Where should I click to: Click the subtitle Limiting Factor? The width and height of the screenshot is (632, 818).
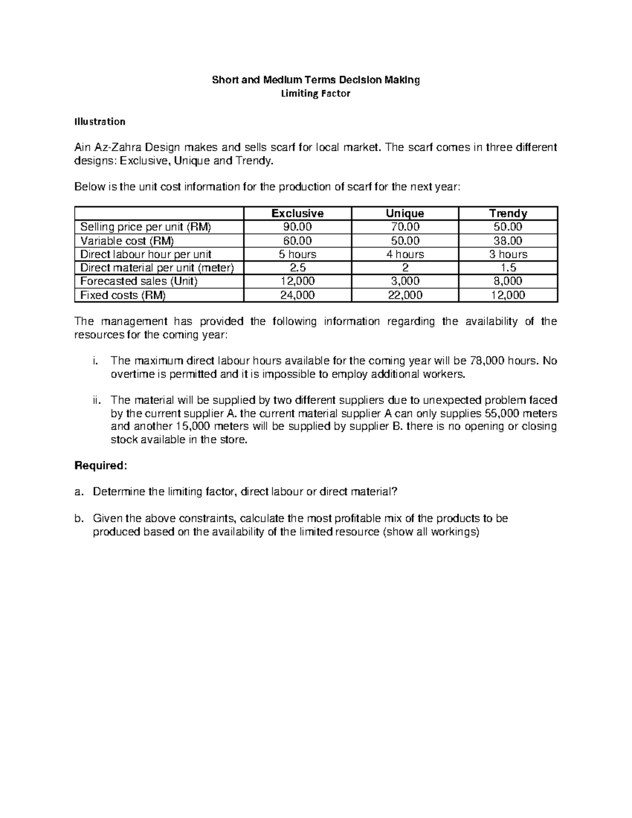pyautogui.click(x=315, y=94)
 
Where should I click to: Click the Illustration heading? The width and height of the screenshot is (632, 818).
pyautogui.click(x=100, y=122)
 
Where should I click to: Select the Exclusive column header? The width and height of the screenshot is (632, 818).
pyautogui.click(x=297, y=213)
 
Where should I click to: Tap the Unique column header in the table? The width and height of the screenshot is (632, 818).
pyautogui.click(x=404, y=213)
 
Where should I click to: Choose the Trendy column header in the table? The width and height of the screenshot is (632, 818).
pyautogui.click(x=508, y=213)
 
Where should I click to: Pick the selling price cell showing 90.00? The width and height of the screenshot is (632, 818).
pyautogui.click(x=297, y=227)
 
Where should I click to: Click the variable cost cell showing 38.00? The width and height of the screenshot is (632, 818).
pyautogui.click(x=508, y=241)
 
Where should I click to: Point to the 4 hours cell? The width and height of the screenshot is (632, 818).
pyautogui.click(x=404, y=254)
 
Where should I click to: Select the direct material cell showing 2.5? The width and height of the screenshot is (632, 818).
pyautogui.click(x=297, y=268)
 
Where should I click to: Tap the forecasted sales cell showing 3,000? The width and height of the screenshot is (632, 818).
pyautogui.click(x=404, y=281)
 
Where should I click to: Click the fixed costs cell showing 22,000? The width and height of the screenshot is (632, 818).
pyautogui.click(x=404, y=295)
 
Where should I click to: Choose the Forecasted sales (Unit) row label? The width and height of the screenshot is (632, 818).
pyautogui.click(x=139, y=281)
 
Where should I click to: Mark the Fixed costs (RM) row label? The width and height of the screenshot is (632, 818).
pyautogui.click(x=122, y=295)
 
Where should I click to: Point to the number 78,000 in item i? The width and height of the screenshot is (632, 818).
pyautogui.click(x=486, y=361)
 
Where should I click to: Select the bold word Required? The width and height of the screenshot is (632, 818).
pyautogui.click(x=101, y=466)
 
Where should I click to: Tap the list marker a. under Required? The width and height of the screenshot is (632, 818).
pyautogui.click(x=79, y=492)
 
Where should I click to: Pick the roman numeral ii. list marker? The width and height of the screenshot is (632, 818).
pyautogui.click(x=95, y=400)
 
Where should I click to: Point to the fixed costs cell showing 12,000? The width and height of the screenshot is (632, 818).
pyautogui.click(x=508, y=295)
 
